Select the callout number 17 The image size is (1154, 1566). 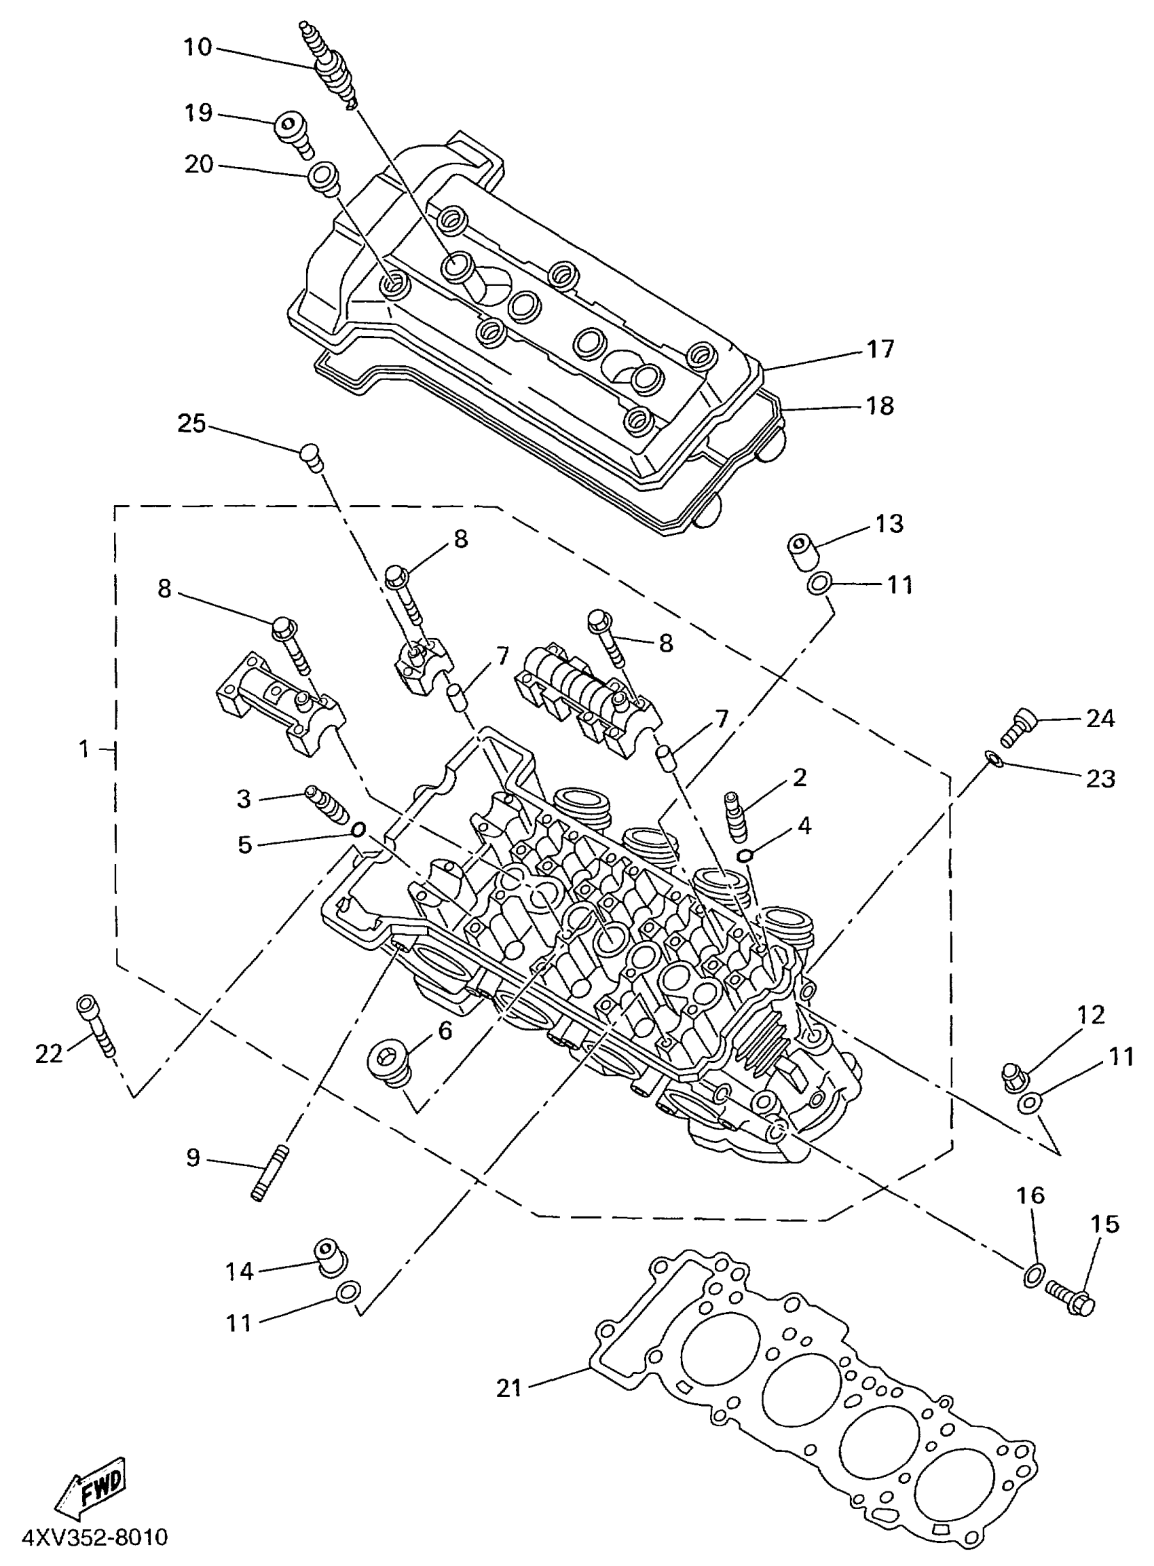[880, 348]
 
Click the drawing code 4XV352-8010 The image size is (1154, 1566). [95, 1537]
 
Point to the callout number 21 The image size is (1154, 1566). [509, 1387]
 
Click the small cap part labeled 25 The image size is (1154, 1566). [311, 455]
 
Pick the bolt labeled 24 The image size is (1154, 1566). [1020, 726]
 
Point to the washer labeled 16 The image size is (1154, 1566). [1035, 1276]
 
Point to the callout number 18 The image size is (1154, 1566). [880, 406]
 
